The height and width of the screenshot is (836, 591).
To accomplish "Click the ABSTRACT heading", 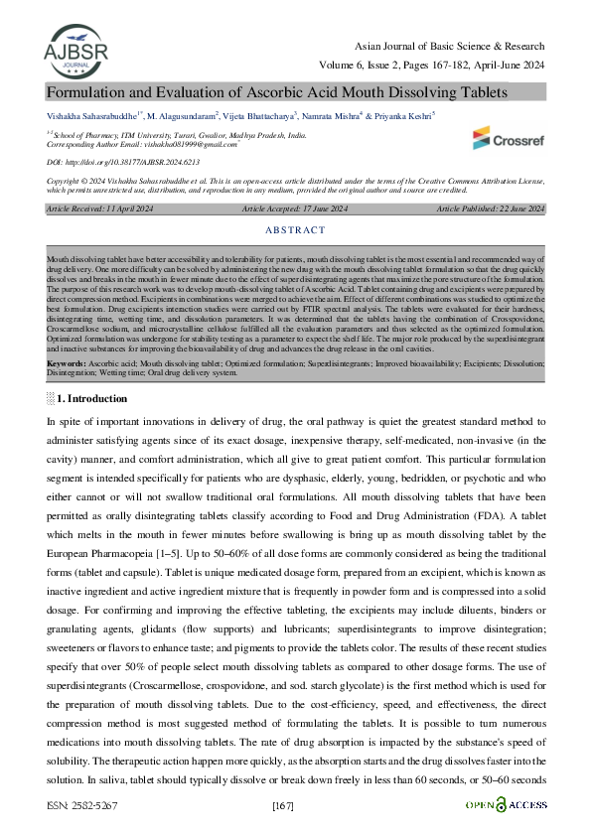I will [295, 229].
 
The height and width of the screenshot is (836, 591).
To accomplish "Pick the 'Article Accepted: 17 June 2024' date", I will [294, 209].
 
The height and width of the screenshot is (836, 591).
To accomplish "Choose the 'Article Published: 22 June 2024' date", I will [491, 209].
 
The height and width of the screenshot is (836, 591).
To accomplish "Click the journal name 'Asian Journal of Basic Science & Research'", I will [449, 47].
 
